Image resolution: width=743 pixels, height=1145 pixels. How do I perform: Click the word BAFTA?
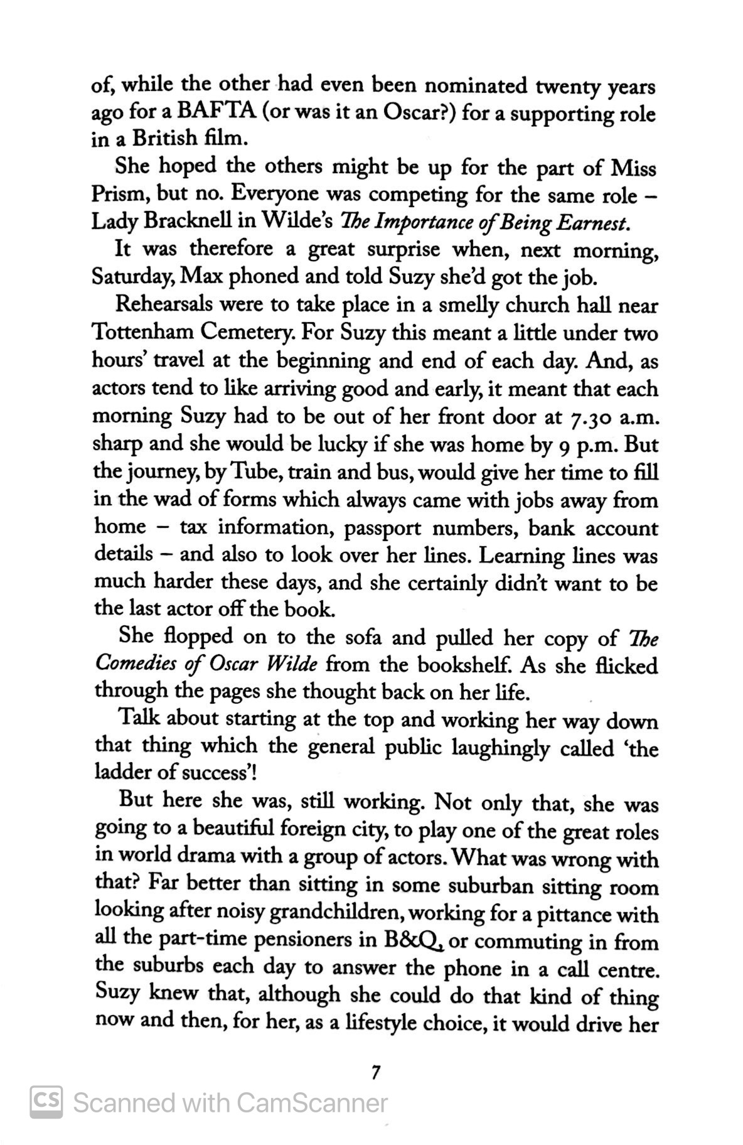216,114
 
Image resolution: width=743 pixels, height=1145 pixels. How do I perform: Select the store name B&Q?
414,940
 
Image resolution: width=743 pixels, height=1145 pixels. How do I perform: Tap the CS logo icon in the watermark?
46,1102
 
